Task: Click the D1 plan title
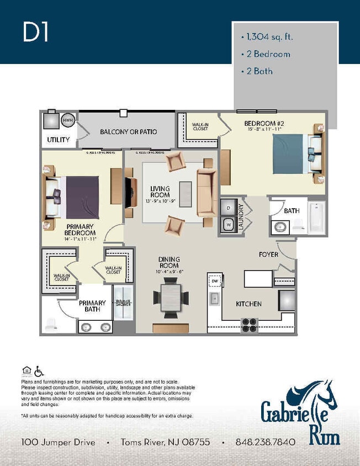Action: [x=36, y=33]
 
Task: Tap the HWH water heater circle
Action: [x=67, y=120]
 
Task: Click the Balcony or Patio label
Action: [x=128, y=132]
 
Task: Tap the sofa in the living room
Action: [x=207, y=192]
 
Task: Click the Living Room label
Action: [x=160, y=192]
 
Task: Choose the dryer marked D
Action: [x=229, y=208]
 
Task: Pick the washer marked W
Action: [x=229, y=225]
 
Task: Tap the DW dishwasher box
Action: [x=214, y=281]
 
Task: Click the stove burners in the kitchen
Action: [x=250, y=325]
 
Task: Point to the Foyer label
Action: [x=268, y=255]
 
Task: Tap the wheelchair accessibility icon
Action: [x=39, y=372]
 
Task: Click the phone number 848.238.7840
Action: [x=265, y=442]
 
